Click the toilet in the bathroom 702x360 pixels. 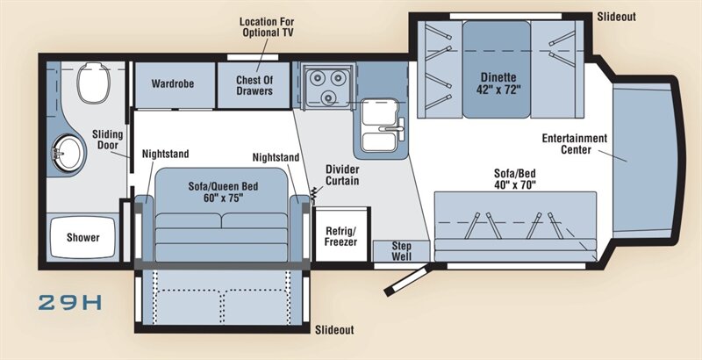click(93, 83)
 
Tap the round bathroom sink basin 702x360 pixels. click(68, 154)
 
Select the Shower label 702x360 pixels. click(83, 237)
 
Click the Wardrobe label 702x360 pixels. click(172, 83)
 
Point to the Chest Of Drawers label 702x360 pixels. click(254, 85)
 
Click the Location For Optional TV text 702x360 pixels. click(267, 27)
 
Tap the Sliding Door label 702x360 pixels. click(107, 140)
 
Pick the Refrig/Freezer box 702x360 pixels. click(341, 234)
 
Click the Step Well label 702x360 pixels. click(402, 251)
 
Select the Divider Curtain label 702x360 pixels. click(342, 175)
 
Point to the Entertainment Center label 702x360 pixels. click(575, 144)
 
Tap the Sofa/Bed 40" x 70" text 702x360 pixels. click(515, 179)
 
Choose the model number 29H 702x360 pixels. click(70, 303)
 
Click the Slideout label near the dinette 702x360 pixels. click(616, 17)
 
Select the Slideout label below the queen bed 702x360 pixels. click(334, 330)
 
